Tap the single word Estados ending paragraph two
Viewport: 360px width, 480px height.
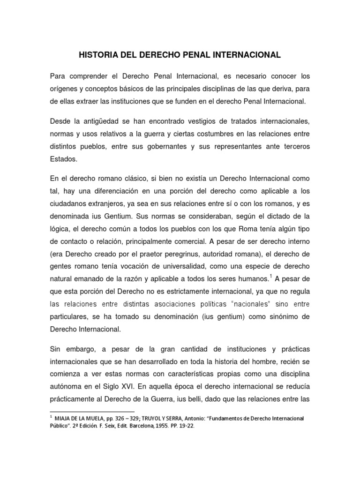(63, 159)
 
